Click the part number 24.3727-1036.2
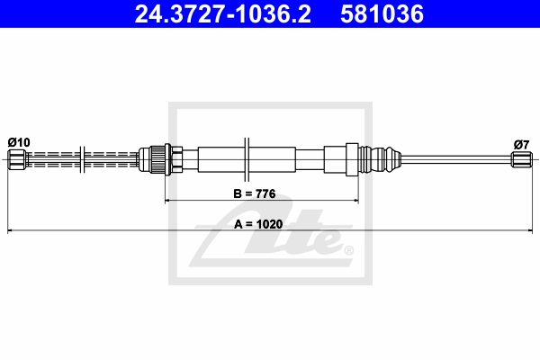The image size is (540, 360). pos(223,14)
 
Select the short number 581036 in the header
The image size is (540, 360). pos(382,14)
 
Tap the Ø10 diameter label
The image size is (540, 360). pos(19,142)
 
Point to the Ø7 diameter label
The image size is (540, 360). pos(521,145)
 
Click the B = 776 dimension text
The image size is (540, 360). pos(255,193)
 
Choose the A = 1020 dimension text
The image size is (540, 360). pos(258,224)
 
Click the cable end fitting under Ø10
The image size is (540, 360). pos(15,159)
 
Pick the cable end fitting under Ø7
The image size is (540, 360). pos(522,160)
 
